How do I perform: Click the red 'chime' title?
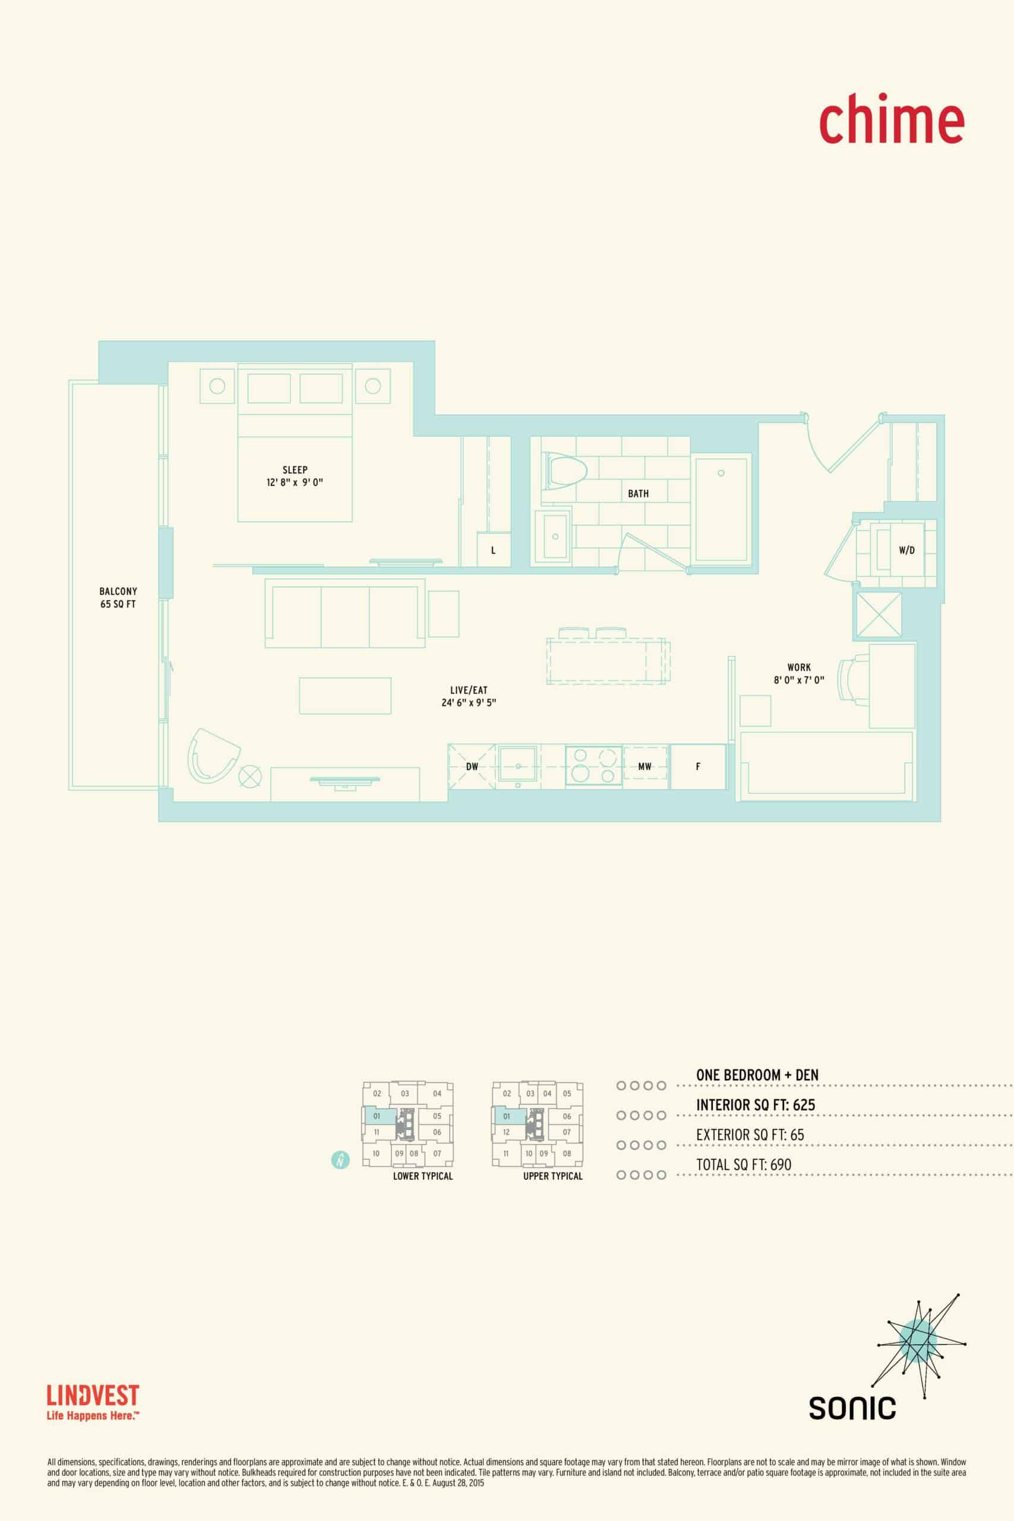coord(892,119)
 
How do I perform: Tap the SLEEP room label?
coord(295,469)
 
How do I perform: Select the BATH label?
coord(638,493)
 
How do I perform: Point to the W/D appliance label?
coord(906,550)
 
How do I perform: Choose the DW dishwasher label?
coord(472,766)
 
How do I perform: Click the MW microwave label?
coord(645,766)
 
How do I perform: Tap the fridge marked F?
coord(698,766)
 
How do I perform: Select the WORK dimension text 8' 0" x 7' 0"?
coord(800,680)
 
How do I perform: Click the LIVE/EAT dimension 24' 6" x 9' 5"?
coord(469,703)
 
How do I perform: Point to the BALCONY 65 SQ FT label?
coord(118,598)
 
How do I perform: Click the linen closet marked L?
coord(494,550)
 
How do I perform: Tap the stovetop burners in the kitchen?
coord(594,766)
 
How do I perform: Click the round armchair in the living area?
coord(213,755)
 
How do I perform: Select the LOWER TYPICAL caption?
coord(423,1176)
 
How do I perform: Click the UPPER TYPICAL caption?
coord(553,1176)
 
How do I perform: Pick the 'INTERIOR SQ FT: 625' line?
coord(756,1105)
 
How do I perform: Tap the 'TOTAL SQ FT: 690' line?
coord(744,1165)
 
